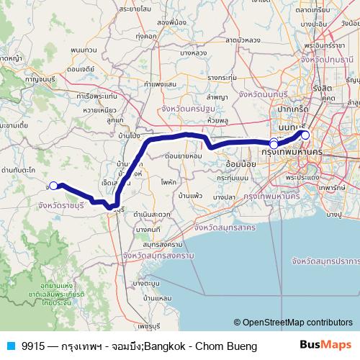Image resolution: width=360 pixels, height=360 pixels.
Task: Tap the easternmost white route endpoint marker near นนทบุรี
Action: coord(305,135)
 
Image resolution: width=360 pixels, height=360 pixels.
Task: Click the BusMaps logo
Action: coord(325,346)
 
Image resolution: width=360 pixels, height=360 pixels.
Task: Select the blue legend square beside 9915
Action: coord(9,346)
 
